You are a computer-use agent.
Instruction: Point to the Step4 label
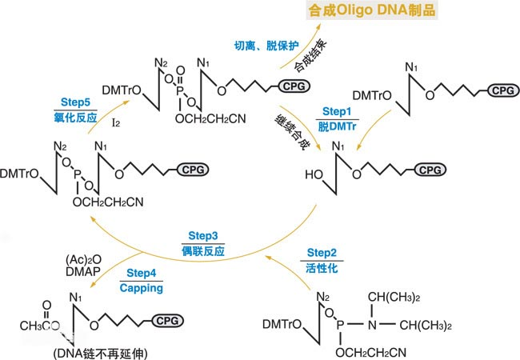pyautogui.click(x=142, y=273)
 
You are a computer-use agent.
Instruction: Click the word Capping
pyautogui.click(x=142, y=288)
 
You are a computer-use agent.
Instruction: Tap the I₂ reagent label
pyautogui.click(x=117, y=123)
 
